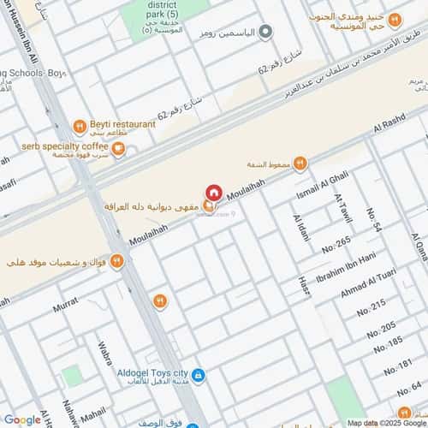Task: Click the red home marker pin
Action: point(214,193)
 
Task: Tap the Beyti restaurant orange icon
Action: point(78,127)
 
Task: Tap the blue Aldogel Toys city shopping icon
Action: point(198,375)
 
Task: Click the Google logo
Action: point(22,419)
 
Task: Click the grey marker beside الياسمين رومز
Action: point(265,33)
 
